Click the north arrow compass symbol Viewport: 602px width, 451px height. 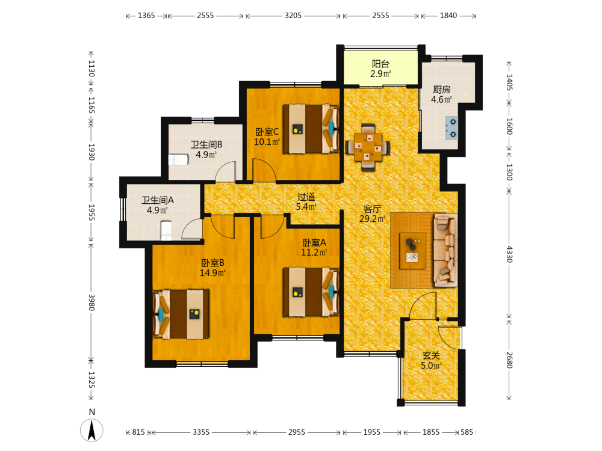click(x=92, y=430)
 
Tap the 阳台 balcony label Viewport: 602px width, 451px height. click(x=380, y=64)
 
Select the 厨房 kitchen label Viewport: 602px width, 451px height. click(x=441, y=90)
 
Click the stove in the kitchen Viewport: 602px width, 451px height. click(x=451, y=128)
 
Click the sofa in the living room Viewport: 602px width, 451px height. click(x=445, y=250)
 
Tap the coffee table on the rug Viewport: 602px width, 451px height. click(x=413, y=251)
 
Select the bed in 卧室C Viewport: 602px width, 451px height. click(x=311, y=129)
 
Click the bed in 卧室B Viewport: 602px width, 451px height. click(x=181, y=314)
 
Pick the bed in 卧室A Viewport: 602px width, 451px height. click(x=311, y=292)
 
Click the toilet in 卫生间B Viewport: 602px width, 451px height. click(x=178, y=159)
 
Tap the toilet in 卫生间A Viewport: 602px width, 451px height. click(x=166, y=230)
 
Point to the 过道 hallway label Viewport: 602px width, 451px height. click(x=306, y=197)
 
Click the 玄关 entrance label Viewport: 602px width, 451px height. click(x=431, y=356)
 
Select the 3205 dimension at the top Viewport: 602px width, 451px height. click(x=293, y=16)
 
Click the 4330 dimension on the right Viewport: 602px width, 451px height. click(x=509, y=254)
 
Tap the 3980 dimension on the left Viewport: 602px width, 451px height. click(x=92, y=302)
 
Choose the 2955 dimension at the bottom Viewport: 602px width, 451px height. click(x=296, y=432)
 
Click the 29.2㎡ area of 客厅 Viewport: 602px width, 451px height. click(x=372, y=219)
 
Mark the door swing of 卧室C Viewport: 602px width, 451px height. click(x=264, y=170)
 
